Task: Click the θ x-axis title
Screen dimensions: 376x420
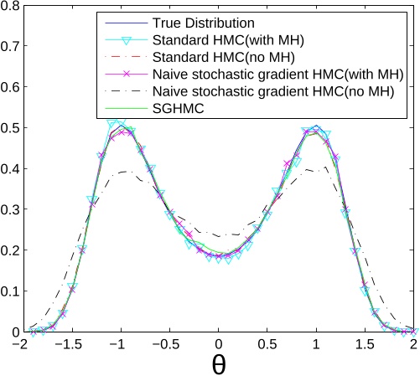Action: [x=218, y=364]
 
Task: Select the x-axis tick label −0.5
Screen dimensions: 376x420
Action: [x=168, y=344]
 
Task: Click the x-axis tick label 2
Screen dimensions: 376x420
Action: [x=413, y=344]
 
